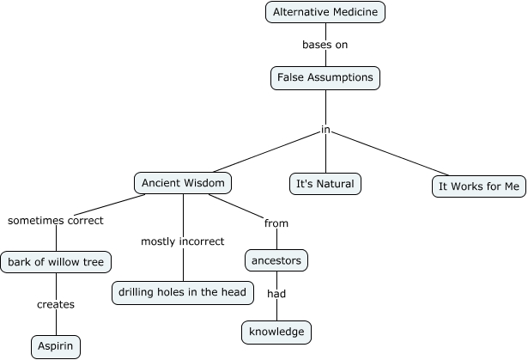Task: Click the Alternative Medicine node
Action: [325, 12]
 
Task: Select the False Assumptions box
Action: [325, 78]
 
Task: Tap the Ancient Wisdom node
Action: [183, 183]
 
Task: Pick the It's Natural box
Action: [325, 184]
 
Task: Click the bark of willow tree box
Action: [56, 261]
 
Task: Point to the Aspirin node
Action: [57, 346]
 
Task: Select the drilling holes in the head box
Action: [183, 293]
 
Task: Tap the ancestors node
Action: [276, 259]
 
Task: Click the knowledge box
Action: [276, 332]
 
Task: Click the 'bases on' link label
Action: [325, 45]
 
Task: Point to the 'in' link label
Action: [325, 131]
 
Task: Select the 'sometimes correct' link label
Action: [56, 221]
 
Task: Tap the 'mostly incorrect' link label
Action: [183, 241]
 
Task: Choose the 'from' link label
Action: [276, 223]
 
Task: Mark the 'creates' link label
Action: [56, 304]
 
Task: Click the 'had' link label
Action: [276, 293]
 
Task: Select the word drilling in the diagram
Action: [139, 293]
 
